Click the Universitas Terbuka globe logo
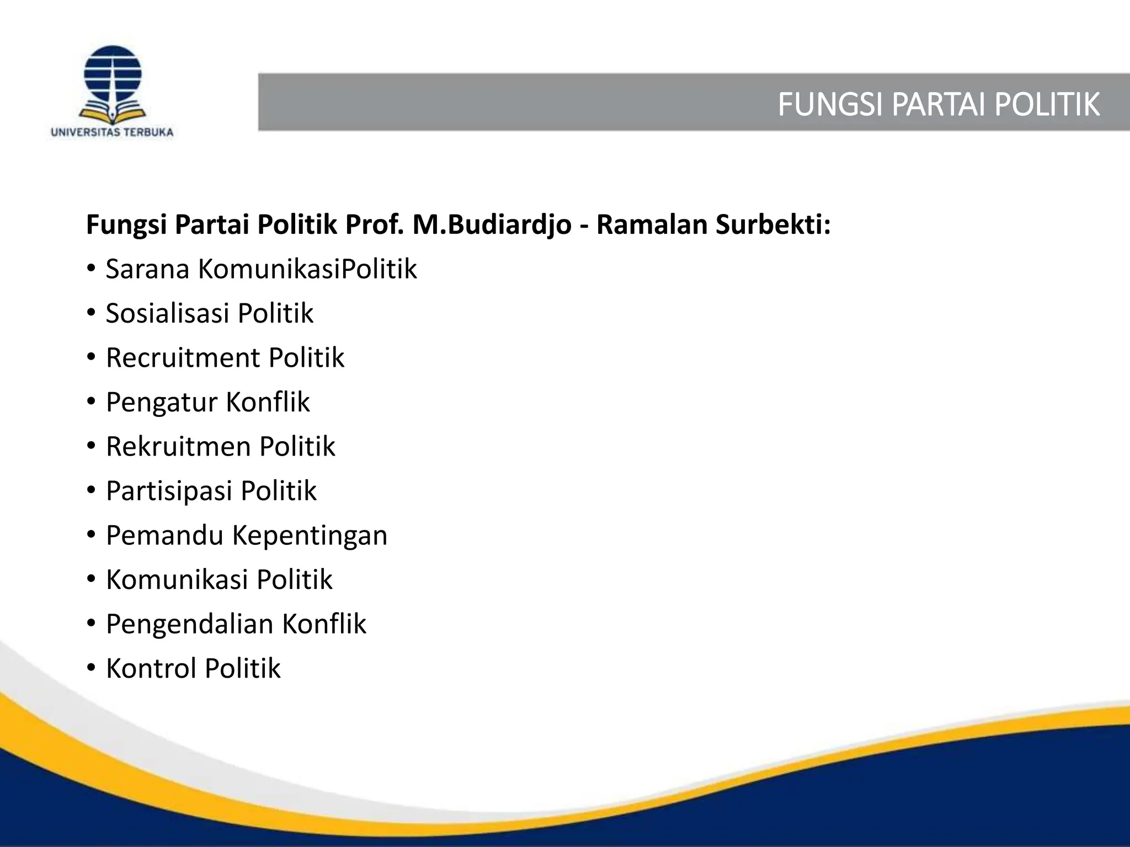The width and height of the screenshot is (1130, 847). click(113, 83)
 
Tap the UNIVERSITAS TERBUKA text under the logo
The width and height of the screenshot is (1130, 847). click(112, 132)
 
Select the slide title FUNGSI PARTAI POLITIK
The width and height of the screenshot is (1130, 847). click(938, 104)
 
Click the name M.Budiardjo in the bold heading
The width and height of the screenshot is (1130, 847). click(492, 225)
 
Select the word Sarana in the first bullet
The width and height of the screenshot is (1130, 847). click(147, 269)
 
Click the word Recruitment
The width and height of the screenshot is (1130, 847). click(183, 358)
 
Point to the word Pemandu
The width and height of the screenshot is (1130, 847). click(164, 535)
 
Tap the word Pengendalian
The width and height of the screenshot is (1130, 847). click(190, 624)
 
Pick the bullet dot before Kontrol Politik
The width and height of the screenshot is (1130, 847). click(92, 668)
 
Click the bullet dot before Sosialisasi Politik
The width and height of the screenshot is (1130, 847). click(92, 313)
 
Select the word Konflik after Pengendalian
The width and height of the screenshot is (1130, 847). click(324, 624)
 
